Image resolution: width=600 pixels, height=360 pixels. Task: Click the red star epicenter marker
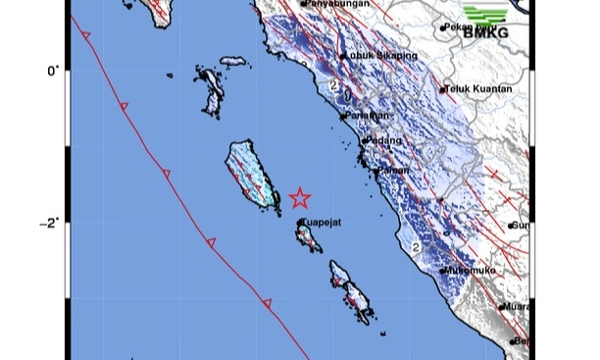click(299, 198)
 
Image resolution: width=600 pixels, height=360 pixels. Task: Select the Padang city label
click(384, 141)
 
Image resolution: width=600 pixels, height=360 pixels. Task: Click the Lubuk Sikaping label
click(382, 56)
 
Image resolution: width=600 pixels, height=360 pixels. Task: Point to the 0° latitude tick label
click(53, 70)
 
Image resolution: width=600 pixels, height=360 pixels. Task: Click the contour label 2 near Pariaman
click(336, 87)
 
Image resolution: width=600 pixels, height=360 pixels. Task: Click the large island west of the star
click(248, 174)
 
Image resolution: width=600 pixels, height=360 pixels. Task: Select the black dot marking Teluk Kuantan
click(443, 90)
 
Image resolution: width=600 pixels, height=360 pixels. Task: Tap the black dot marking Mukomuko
click(443, 270)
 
